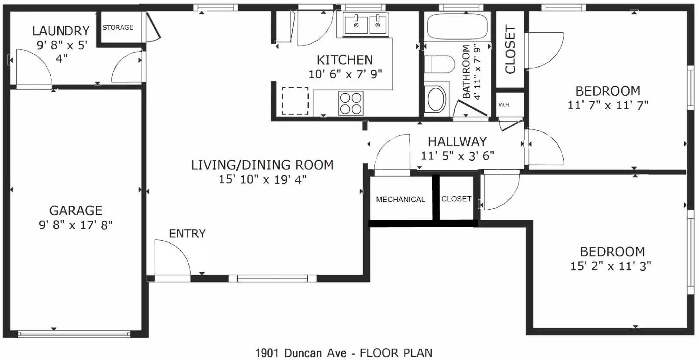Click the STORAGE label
pos(118,28)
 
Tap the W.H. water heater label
pos(504,105)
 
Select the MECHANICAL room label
pos(400,200)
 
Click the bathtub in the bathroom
pos(457,26)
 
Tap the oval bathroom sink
pos(436,100)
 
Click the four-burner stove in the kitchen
pos(351,103)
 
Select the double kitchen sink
pos(366,24)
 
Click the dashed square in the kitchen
pos(295,100)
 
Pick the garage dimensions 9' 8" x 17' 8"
pos(76,225)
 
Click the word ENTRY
pos(187,234)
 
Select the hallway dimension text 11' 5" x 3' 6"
pos(457,156)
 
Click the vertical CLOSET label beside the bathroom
pos(510,49)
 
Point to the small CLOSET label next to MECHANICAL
pos(456,199)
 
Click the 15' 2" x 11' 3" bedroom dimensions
pos(610,266)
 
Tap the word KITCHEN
pos(345,60)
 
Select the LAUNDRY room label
pos(61,31)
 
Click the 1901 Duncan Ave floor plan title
pos(343,353)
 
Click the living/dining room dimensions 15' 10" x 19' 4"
pos(262,180)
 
